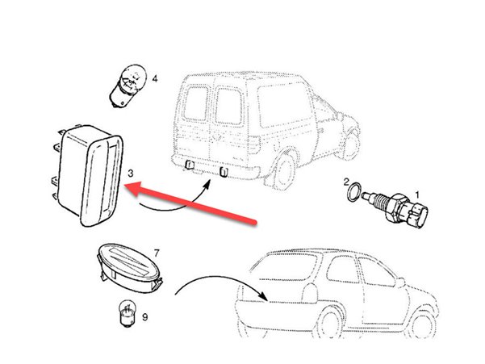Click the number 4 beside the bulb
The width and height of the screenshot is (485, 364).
tap(155, 79)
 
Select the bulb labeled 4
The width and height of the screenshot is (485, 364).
tap(128, 85)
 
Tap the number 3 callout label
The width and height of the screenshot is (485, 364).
tap(131, 174)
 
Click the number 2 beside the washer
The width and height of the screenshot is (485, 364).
tap(346, 182)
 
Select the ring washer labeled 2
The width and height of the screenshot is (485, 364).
tap(354, 192)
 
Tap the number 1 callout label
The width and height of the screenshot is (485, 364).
tap(417, 195)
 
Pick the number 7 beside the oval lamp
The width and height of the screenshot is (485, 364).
tap(157, 253)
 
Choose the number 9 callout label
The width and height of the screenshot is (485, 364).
tap(144, 317)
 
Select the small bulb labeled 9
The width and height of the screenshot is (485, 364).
tap(128, 316)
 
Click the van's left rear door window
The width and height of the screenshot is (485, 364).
tap(196, 103)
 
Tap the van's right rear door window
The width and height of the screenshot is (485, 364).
tap(229, 106)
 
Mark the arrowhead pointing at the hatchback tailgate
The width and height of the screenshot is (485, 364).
tap(264, 296)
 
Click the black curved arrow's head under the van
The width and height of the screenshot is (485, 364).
tap(207, 184)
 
